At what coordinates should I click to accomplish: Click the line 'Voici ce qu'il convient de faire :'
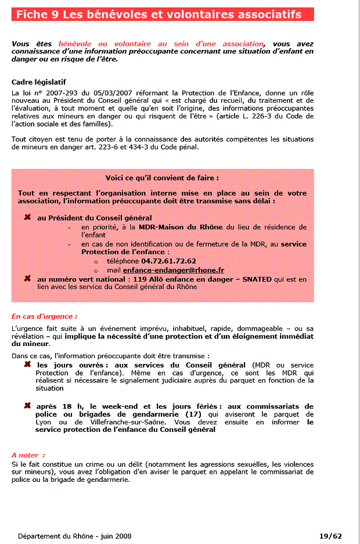tap(162, 178)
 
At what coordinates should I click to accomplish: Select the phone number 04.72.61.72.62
tap(168, 261)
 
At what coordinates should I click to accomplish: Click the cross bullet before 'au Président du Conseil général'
tap(27, 217)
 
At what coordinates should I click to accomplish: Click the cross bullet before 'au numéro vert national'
tap(27, 279)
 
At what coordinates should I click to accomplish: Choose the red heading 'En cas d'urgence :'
tap(45, 316)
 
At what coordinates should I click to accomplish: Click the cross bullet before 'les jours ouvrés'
tap(27, 365)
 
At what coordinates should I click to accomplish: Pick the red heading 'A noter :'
tap(28, 455)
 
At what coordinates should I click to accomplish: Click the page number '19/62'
tap(330, 536)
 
